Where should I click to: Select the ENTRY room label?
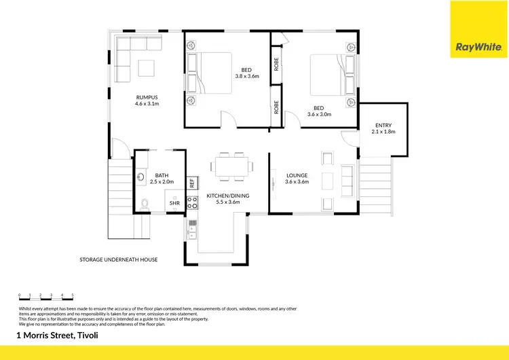click(383, 124)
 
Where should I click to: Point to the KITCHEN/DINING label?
click(228, 196)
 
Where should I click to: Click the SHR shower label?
click(174, 203)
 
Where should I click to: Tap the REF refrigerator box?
click(192, 182)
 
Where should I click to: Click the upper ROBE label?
click(276, 65)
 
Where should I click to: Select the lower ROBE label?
click(276, 107)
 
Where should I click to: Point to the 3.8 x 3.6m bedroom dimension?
click(247, 76)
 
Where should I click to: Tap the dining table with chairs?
click(232, 165)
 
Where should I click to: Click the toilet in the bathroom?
click(145, 203)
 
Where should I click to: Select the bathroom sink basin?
click(140, 178)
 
